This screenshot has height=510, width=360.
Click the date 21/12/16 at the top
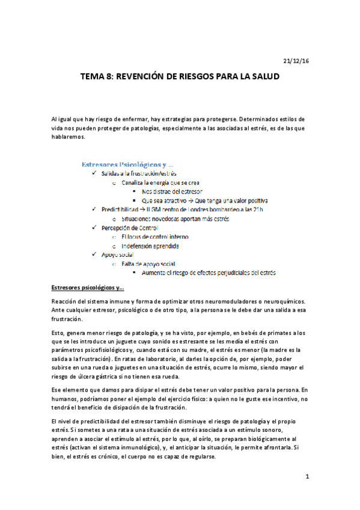296,61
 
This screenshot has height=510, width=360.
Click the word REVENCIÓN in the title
144,78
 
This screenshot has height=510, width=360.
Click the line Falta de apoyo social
148,264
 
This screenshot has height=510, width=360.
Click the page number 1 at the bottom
307,477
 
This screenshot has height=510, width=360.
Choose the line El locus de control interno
154,237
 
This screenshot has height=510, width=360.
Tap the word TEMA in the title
93,78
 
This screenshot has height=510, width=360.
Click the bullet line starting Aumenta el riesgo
208,273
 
